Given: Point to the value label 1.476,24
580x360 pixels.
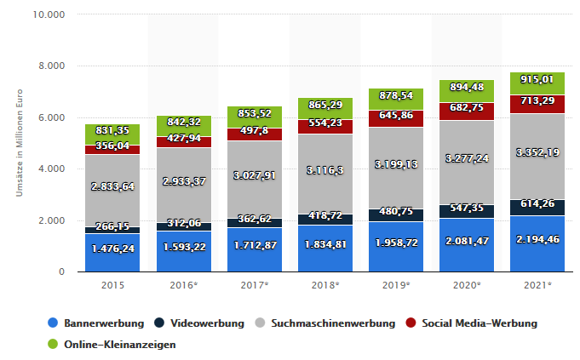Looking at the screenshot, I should tap(113, 249).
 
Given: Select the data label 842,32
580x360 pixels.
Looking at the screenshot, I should tap(183, 121).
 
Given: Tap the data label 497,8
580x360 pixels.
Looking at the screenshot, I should tap(253, 130).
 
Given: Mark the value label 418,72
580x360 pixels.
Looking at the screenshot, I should tap(324, 218).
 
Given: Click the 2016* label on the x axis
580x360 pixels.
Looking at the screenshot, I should tap(183, 283).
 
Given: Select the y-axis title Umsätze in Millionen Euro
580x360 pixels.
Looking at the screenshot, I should tap(18, 143).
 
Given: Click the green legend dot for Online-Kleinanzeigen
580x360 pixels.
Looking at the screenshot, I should tap(54, 345).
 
